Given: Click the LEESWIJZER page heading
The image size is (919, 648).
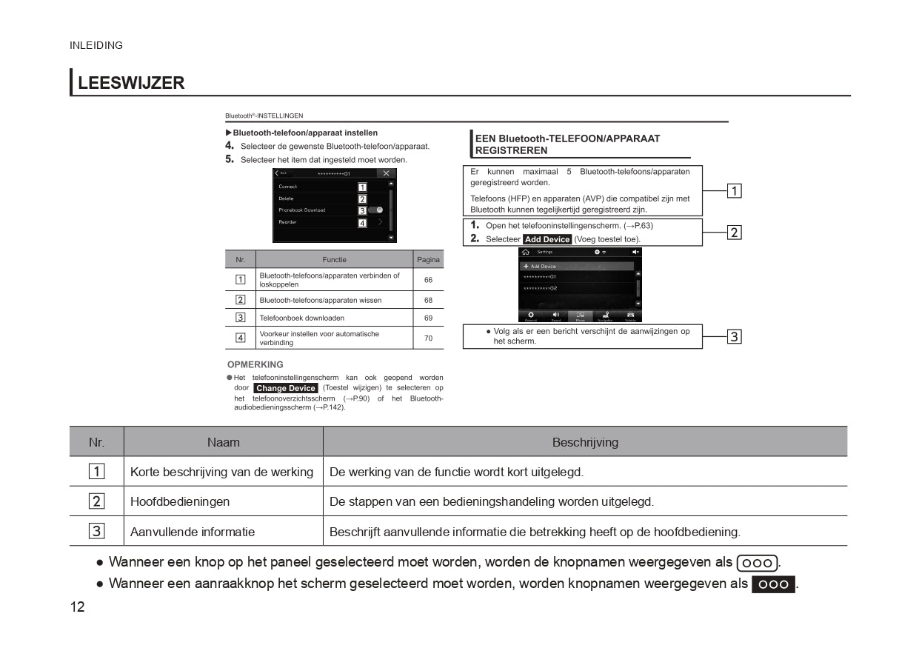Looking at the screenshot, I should click(130, 83).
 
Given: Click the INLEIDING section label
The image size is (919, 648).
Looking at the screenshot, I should click(96, 45).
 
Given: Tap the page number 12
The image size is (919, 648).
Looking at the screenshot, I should click(78, 607).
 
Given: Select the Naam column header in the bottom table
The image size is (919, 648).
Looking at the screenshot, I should click(223, 442).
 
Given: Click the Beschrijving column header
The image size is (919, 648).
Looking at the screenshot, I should click(584, 442).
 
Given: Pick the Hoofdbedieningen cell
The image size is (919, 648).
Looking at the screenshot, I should click(180, 501).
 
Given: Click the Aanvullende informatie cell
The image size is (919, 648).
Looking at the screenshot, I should click(193, 532).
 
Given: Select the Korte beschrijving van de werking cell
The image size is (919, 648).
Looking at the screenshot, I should click(221, 472).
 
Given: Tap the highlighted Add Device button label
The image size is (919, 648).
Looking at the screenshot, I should click(547, 239).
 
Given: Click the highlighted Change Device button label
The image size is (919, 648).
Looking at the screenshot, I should click(286, 388).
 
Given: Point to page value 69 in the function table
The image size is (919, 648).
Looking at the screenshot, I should click(428, 318).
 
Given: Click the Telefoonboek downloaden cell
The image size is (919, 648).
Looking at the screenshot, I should click(301, 318).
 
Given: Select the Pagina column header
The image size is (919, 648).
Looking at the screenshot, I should click(428, 259).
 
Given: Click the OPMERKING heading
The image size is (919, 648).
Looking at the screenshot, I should click(255, 364).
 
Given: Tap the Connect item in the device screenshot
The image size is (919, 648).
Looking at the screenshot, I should click(288, 187).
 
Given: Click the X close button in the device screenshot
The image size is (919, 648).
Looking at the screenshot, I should click(385, 173).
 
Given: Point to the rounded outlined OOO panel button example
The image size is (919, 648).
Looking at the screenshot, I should click(757, 563).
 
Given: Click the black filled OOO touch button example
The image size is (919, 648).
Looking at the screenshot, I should click(773, 584).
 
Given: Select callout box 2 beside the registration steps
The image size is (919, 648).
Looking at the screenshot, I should click(733, 233).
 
